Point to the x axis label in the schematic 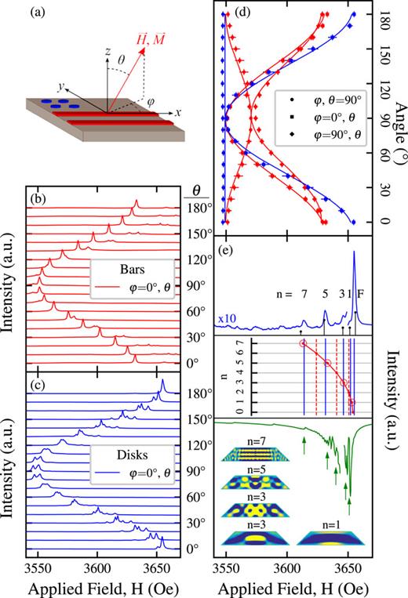[178, 112]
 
